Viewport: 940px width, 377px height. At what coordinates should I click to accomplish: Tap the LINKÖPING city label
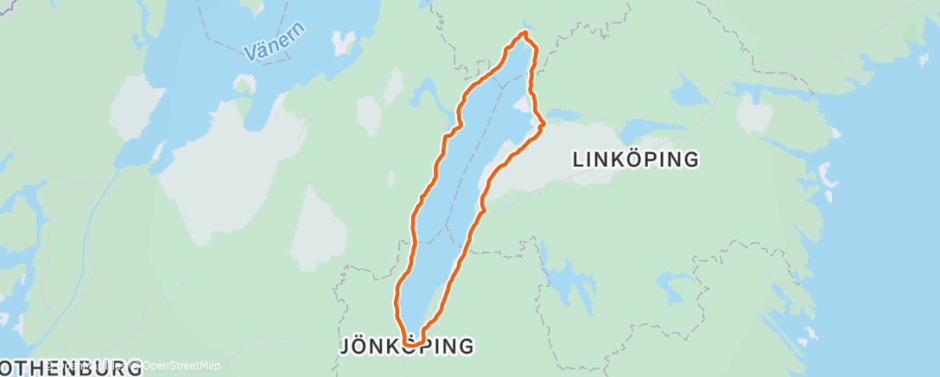point(636,159)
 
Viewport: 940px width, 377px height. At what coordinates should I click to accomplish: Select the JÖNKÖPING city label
point(407,347)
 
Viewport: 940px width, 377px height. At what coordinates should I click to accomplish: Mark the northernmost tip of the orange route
point(524,33)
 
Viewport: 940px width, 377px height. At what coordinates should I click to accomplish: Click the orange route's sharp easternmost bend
point(543,125)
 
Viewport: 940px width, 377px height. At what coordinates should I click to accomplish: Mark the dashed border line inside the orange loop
point(471,173)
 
